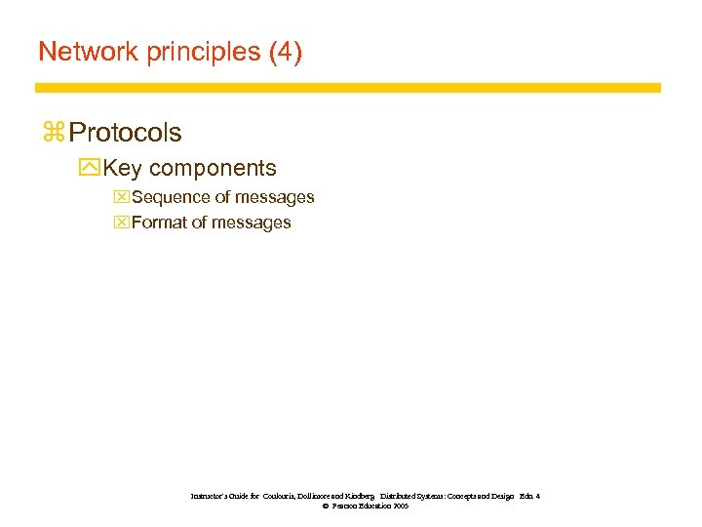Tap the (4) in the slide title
285,52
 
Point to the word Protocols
126,132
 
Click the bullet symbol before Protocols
53,132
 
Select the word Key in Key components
122,169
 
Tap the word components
213,169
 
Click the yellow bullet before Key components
90,169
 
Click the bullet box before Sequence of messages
121,197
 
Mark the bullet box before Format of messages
121,223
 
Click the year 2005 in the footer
400,507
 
